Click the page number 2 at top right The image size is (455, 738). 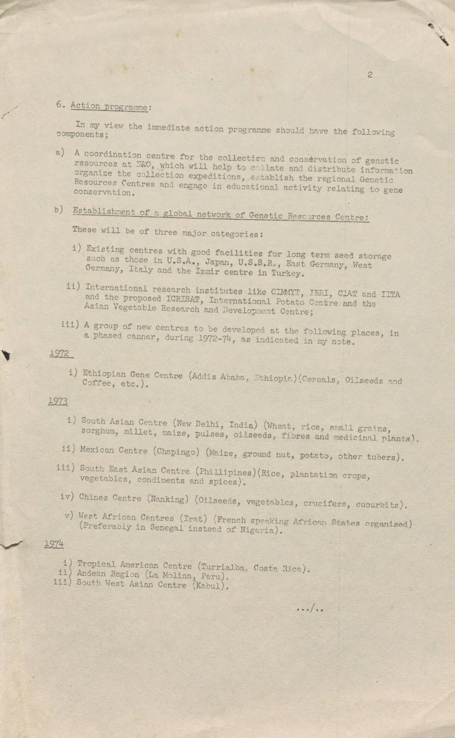click(370, 75)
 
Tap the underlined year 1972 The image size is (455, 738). click(60, 353)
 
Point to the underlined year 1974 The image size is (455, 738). click(54, 544)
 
